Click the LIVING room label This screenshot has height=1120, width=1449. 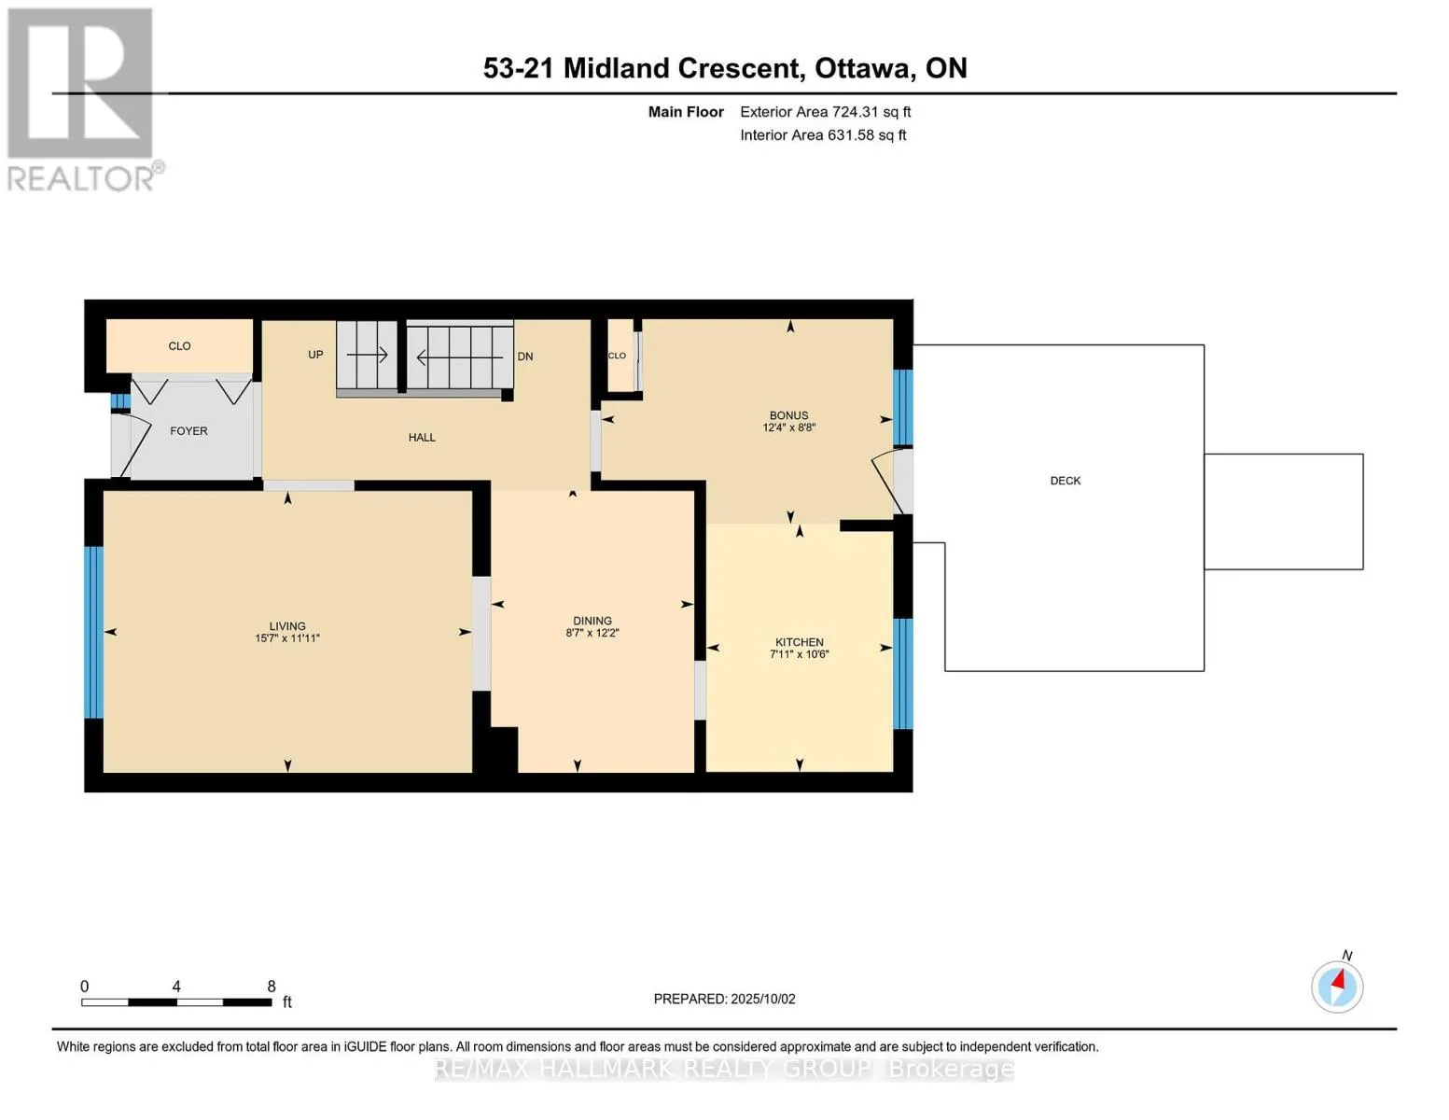[x=287, y=625]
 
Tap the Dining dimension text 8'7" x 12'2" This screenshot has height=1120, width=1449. [x=592, y=633]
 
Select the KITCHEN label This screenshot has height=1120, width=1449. [x=799, y=642]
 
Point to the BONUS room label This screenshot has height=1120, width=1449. [x=788, y=415]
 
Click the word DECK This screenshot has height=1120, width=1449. [x=1065, y=481]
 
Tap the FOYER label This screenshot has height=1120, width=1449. [x=188, y=431]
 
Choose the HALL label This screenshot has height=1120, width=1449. [x=422, y=438]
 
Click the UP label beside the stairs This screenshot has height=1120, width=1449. [x=315, y=355]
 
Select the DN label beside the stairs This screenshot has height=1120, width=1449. [x=524, y=357]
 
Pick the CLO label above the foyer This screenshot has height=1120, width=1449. [x=179, y=345]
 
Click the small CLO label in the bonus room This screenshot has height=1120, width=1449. [x=617, y=356]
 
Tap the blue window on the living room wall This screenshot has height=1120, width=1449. [x=94, y=633]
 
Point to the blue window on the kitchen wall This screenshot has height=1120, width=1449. [x=903, y=674]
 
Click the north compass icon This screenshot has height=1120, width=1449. [x=1337, y=986]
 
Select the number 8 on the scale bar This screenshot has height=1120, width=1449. [x=272, y=986]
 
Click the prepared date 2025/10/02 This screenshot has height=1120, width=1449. [x=763, y=999]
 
